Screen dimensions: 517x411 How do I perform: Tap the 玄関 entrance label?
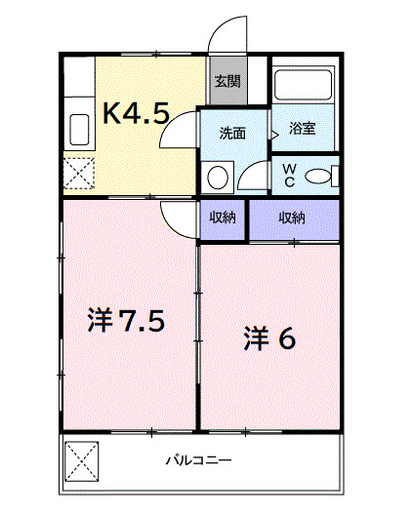click(226, 82)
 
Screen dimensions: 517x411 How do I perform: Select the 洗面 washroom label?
click(231, 131)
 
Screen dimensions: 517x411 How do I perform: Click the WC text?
click(289, 176)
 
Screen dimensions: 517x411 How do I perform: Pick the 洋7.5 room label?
click(123, 321)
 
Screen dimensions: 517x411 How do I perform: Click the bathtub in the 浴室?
click(305, 85)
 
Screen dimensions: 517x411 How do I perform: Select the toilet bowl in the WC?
click(319, 176)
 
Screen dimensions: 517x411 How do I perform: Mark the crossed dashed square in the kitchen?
click(78, 176)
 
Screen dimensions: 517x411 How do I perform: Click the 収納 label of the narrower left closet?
click(223, 218)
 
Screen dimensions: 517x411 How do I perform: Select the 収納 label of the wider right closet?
click(293, 218)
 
